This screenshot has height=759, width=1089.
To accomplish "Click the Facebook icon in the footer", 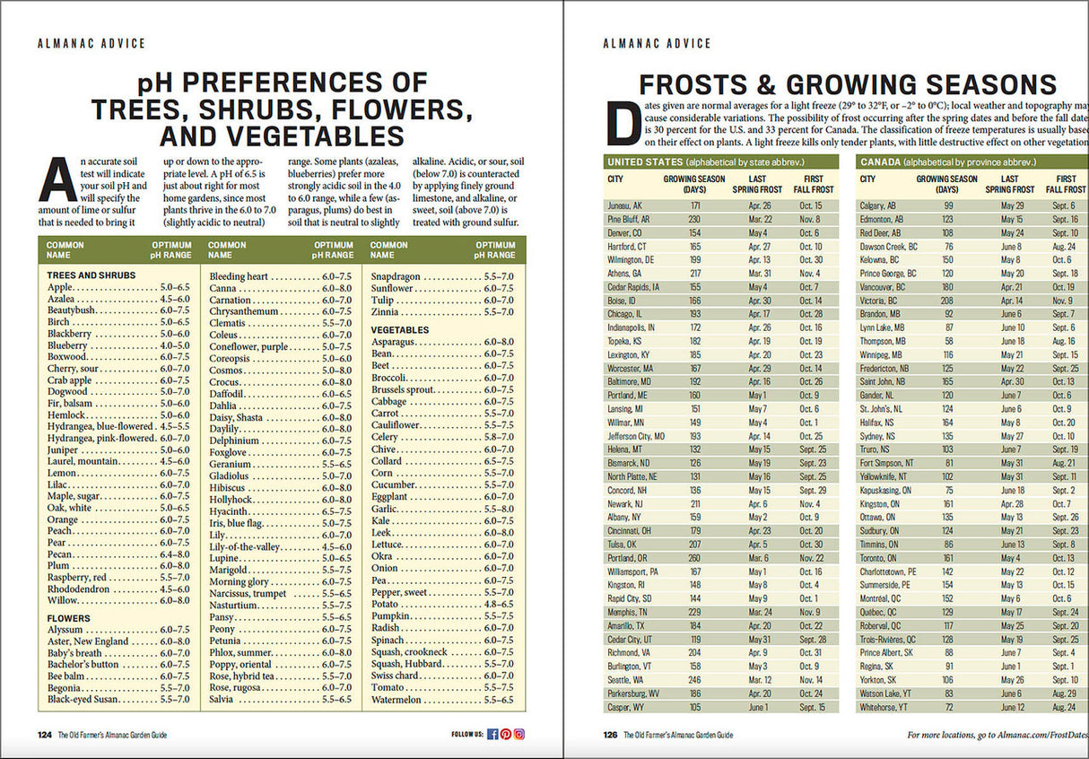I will tap(492, 734).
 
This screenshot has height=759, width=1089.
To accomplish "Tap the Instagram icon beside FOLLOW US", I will tap(519, 734).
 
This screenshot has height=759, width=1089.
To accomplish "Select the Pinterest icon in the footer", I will tap(506, 734).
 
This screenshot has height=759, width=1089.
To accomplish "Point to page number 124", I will tap(44, 734).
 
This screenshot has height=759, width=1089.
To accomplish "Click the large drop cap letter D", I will tap(625, 123).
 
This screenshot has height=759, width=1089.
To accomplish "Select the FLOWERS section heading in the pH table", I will tap(69, 618).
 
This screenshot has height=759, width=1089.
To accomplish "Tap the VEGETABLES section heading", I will tap(400, 330).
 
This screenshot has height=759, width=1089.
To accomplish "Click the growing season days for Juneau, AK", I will tap(695, 205).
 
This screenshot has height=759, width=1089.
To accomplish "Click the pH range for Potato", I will tap(499, 604).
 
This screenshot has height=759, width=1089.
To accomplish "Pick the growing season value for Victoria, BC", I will tap(947, 301).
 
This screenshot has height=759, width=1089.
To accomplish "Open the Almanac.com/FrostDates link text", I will tap(1032, 735).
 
